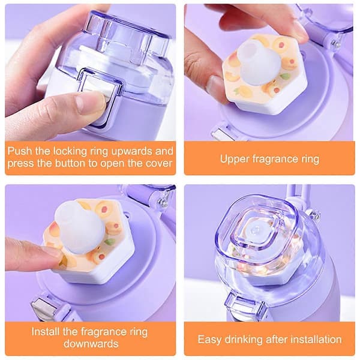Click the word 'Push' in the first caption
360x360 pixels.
(x=20, y=151)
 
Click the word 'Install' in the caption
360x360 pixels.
(x=46, y=332)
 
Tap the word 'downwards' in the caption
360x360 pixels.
(x=91, y=344)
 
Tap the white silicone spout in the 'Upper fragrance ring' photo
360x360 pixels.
(x=259, y=62)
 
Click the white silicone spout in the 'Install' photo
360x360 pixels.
(x=79, y=227)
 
